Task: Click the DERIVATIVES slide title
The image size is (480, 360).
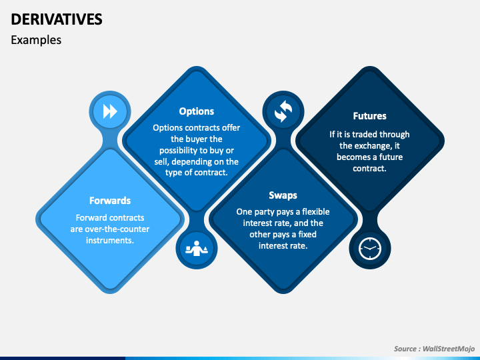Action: point(57,19)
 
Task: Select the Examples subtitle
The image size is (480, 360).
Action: point(36,40)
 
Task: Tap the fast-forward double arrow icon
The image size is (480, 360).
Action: point(110,111)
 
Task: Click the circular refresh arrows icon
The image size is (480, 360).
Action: point(283,111)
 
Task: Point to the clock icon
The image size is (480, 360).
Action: point(369,249)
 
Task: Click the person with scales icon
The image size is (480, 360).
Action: point(197,249)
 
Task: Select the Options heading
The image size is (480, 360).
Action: point(197,111)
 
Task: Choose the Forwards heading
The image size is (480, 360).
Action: point(110,200)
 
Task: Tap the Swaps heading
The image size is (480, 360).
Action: point(283,195)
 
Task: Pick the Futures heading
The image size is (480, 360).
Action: point(369,116)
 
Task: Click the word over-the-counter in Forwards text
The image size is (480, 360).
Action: point(118,229)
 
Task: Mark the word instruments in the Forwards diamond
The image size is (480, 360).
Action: point(110,240)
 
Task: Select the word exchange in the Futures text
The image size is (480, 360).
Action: point(371,145)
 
